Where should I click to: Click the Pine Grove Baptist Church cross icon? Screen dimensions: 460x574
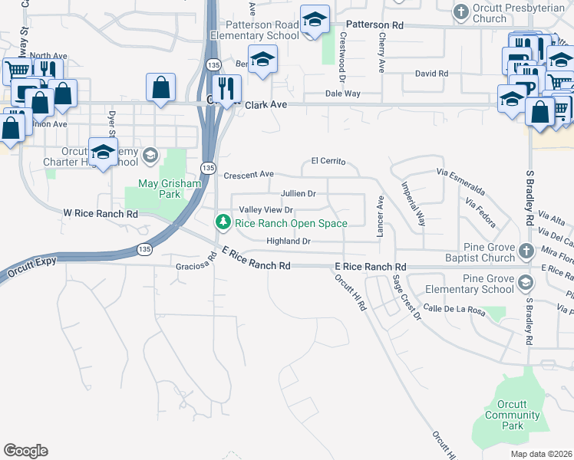tap(526, 251)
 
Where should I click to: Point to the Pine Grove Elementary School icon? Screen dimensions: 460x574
tap(525, 283)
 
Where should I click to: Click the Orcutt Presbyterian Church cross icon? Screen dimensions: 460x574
tap(460, 11)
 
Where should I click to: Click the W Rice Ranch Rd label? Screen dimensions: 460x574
tap(101, 213)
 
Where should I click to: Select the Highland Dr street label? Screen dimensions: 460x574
tap(288, 242)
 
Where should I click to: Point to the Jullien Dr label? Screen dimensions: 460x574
tap(299, 194)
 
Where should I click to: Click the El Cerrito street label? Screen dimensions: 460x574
tap(328, 162)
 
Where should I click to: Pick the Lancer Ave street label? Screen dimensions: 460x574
tap(380, 216)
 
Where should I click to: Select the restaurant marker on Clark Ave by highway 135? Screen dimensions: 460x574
tap(226, 87)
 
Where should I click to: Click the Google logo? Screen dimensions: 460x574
tap(25, 451)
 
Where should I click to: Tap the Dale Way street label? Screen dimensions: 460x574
tap(342, 93)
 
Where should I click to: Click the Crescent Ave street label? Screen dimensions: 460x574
tap(249, 175)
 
